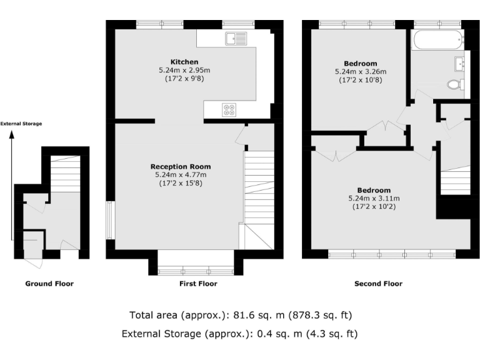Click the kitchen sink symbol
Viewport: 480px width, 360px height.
tap(238, 39)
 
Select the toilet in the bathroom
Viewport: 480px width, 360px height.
tap(455, 84)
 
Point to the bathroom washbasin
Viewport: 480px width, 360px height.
tap(462, 63)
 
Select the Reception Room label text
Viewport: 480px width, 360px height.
tap(180, 167)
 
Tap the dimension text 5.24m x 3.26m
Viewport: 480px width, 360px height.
tap(360, 72)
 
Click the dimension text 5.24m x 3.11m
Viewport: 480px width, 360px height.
tap(374, 199)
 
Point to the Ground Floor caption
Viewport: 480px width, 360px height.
tap(49, 284)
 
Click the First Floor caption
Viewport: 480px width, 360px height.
tap(194, 284)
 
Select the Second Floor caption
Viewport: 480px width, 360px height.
tap(378, 284)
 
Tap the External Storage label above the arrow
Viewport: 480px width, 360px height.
tap(21, 124)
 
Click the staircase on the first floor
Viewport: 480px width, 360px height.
tap(258, 187)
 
